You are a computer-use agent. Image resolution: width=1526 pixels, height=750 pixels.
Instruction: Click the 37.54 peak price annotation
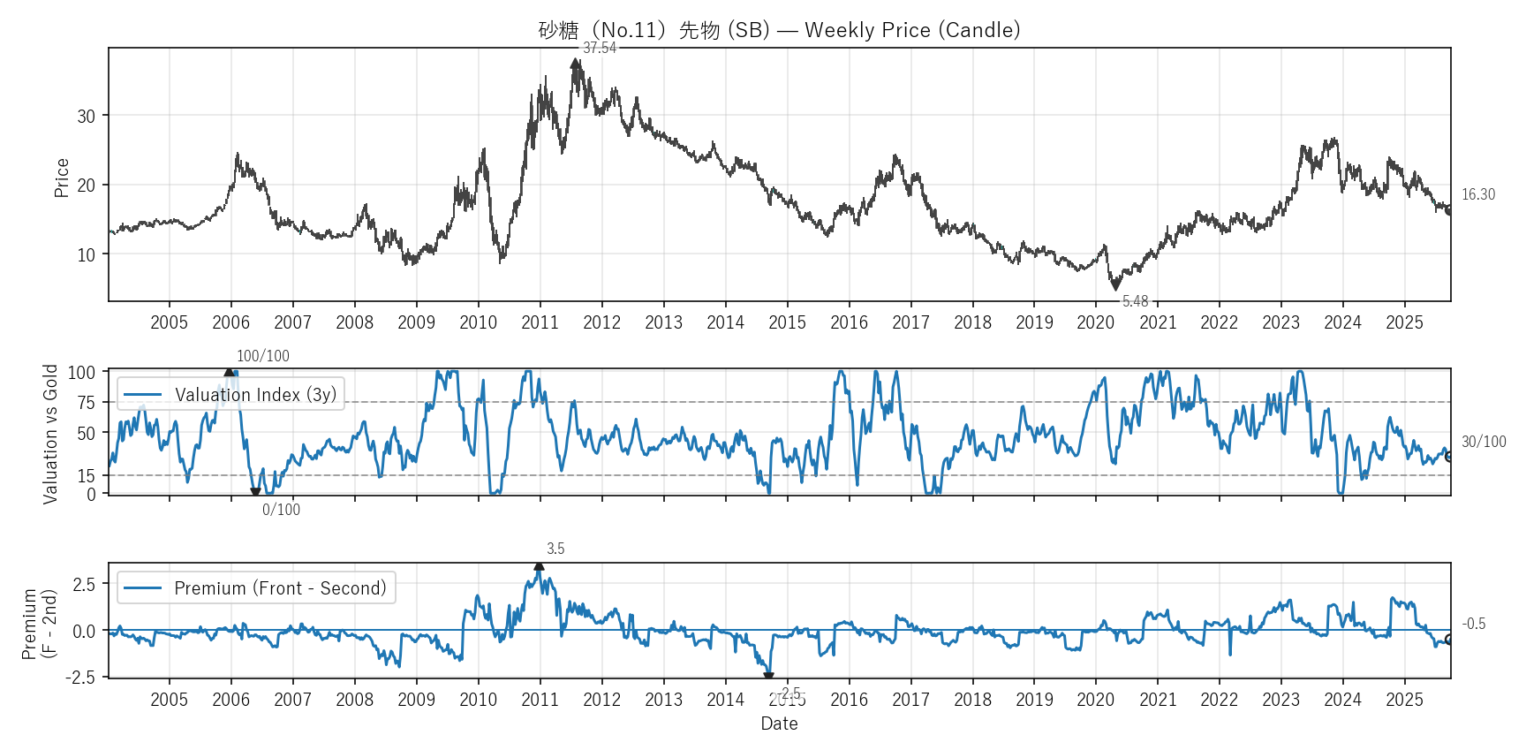(600, 49)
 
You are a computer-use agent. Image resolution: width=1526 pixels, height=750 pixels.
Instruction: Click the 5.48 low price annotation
(1135, 301)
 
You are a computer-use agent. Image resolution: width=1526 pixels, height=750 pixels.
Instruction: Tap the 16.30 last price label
(1478, 194)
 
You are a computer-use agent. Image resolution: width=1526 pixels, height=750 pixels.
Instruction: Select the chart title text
(779, 30)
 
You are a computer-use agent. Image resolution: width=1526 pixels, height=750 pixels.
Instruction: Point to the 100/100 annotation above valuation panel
(262, 356)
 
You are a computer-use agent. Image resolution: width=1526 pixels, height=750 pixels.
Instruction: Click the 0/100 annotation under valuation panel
(281, 510)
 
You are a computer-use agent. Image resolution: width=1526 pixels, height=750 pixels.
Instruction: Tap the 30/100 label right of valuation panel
(1484, 442)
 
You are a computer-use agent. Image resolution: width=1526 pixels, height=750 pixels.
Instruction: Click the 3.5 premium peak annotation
(555, 549)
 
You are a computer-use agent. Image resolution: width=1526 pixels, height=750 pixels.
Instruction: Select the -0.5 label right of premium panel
(1473, 624)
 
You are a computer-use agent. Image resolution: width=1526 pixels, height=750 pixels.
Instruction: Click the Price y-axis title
(62, 178)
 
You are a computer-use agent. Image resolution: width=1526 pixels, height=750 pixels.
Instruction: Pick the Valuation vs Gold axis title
(50, 434)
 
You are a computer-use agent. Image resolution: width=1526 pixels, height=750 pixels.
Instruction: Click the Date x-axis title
(779, 723)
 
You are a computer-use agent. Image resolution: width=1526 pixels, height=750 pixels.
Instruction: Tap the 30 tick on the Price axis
(86, 117)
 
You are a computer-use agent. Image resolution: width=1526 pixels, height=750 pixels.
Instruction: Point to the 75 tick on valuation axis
(86, 403)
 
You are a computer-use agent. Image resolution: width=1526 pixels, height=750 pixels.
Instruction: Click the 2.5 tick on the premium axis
(84, 585)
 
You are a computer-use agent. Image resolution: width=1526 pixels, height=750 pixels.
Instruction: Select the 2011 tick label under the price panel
(540, 322)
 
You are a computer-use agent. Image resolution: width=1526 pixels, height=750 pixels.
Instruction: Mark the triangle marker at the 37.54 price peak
(576, 64)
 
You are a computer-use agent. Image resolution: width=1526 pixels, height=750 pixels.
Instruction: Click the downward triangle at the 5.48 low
(1115, 285)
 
